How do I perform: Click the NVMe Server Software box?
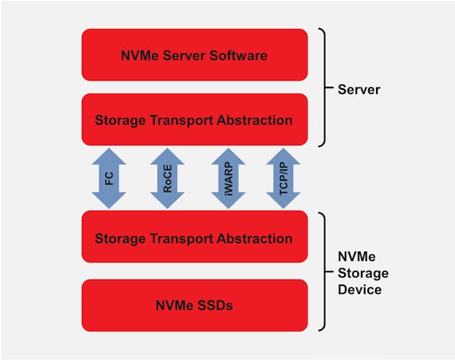pyautogui.click(x=194, y=55)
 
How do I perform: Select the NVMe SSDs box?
pyautogui.click(x=194, y=305)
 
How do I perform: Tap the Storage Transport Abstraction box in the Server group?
pyautogui.click(x=194, y=120)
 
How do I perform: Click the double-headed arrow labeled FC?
pyautogui.click(x=109, y=179)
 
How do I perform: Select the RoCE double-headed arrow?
pyautogui.click(x=167, y=179)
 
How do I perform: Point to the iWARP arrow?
pyautogui.click(x=225, y=179)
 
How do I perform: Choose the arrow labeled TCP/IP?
pyautogui.click(x=282, y=179)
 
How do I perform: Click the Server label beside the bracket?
pyautogui.click(x=359, y=90)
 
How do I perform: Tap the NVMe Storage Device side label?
pyautogui.click(x=363, y=273)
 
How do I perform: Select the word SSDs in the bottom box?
pyautogui.click(x=215, y=305)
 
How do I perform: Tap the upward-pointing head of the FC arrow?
pyautogui.click(x=109, y=157)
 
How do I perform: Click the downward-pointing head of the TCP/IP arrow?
pyautogui.click(x=282, y=201)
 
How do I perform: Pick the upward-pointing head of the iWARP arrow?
pyautogui.click(x=225, y=157)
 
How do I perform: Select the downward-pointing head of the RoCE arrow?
pyautogui.click(x=167, y=201)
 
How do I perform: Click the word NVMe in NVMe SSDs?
pyautogui.click(x=174, y=305)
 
